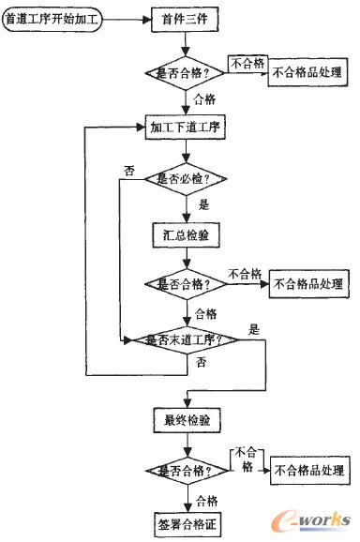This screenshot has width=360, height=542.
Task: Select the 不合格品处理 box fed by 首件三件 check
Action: pos(307,71)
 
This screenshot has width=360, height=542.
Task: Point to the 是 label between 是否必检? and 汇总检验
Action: pos(204,203)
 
